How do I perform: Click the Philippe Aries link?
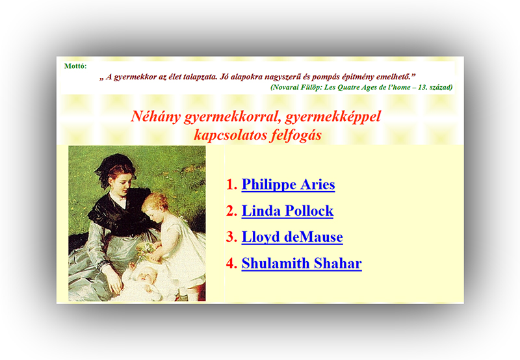click(x=288, y=185)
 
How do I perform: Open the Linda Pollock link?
click(x=287, y=211)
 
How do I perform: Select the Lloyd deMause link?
click(x=292, y=237)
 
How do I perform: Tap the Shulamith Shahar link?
click(x=302, y=263)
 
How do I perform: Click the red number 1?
click(x=231, y=185)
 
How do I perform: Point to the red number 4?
click(x=231, y=263)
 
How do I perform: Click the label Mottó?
click(x=75, y=66)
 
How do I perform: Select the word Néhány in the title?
click(x=155, y=117)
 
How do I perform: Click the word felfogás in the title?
click(x=296, y=135)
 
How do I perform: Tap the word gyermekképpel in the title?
click(x=333, y=117)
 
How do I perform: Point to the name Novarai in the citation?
click(x=285, y=88)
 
